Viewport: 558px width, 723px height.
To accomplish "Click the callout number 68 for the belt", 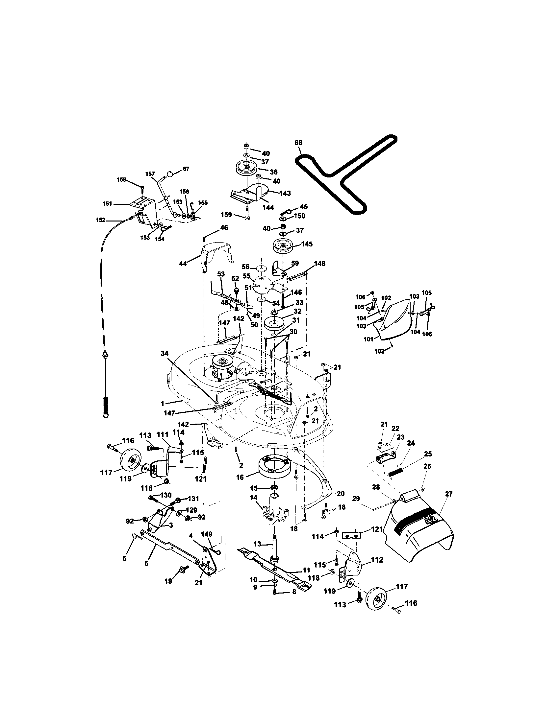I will pyautogui.click(x=298, y=143).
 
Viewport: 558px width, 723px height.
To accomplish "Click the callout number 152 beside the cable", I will pyautogui.click(x=101, y=220).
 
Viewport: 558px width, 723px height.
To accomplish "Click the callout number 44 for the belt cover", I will pyautogui.click(x=183, y=264).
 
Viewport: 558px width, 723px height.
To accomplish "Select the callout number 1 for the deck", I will pyautogui.click(x=162, y=403).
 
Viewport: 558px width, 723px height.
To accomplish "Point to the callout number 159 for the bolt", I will pyautogui.click(x=226, y=215).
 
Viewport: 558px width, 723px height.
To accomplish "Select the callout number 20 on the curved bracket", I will pyautogui.click(x=341, y=493).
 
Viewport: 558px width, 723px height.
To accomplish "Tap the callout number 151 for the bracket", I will pyautogui.click(x=107, y=204).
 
